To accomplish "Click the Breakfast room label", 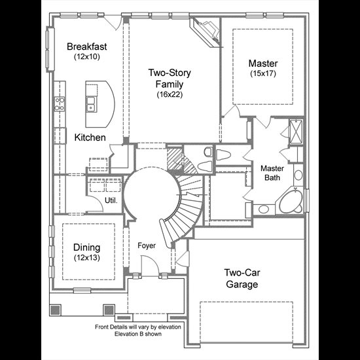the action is [87, 46].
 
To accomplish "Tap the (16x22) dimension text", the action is [170, 94].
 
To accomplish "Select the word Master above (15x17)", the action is [263, 63].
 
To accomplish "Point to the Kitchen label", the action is [90, 137].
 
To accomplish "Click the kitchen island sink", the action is [91, 104].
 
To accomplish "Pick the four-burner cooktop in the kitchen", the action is [60, 104].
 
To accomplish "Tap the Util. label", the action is [111, 200].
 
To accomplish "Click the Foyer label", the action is [147, 245].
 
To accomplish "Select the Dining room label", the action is [87, 247].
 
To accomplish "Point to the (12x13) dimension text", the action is [87, 258].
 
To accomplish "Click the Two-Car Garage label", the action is [242, 278].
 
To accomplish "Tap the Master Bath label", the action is [272, 173].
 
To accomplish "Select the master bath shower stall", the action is [296, 132].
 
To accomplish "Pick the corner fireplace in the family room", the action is [206, 31].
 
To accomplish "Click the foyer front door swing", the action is [150, 266].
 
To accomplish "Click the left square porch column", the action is [55, 310].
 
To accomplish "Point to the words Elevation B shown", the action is [138, 334].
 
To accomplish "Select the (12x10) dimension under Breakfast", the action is [87, 57].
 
